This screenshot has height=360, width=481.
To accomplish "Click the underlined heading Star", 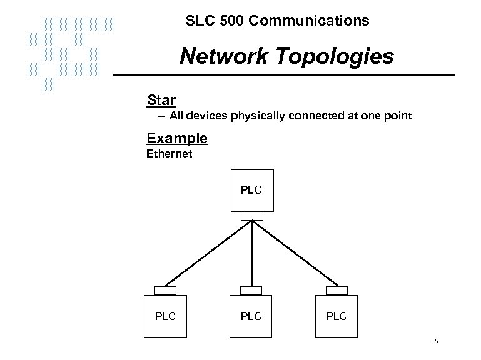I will point(161,99).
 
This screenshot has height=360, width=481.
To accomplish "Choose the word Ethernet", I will point(169,153).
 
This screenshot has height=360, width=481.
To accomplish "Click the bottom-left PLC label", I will point(166,316).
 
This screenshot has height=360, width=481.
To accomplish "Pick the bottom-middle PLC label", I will point(251,316).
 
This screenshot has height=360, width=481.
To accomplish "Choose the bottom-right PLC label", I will point(336,316).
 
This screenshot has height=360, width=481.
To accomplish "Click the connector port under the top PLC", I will point(251,216).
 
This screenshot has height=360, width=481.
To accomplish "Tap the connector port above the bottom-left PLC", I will point(166,291).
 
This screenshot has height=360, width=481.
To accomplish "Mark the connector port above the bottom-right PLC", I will point(337,291).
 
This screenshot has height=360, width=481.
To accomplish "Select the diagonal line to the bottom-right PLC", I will point(294,253).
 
